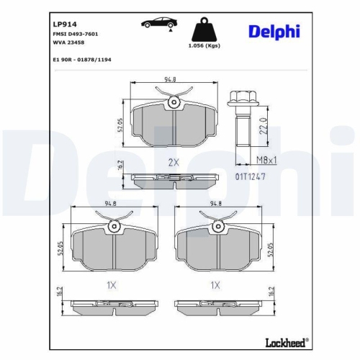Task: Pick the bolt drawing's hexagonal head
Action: pos(241,97)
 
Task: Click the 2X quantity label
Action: pos(173,161)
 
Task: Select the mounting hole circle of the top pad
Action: pos(173,105)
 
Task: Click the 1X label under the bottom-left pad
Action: pos(112,284)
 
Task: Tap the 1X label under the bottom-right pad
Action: pos(215,284)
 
